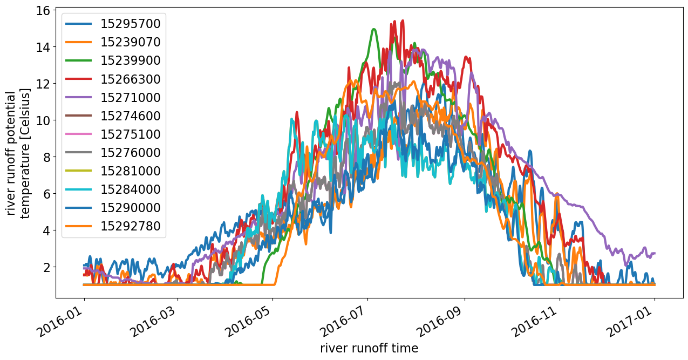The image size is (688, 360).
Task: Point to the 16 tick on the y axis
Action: pyautogui.click(x=43, y=11)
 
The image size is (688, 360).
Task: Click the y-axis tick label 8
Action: pyautogui.click(x=46, y=158)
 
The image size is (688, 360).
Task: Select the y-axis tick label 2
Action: pyautogui.click(x=46, y=268)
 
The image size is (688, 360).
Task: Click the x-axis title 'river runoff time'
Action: pyautogui.click(x=369, y=348)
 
